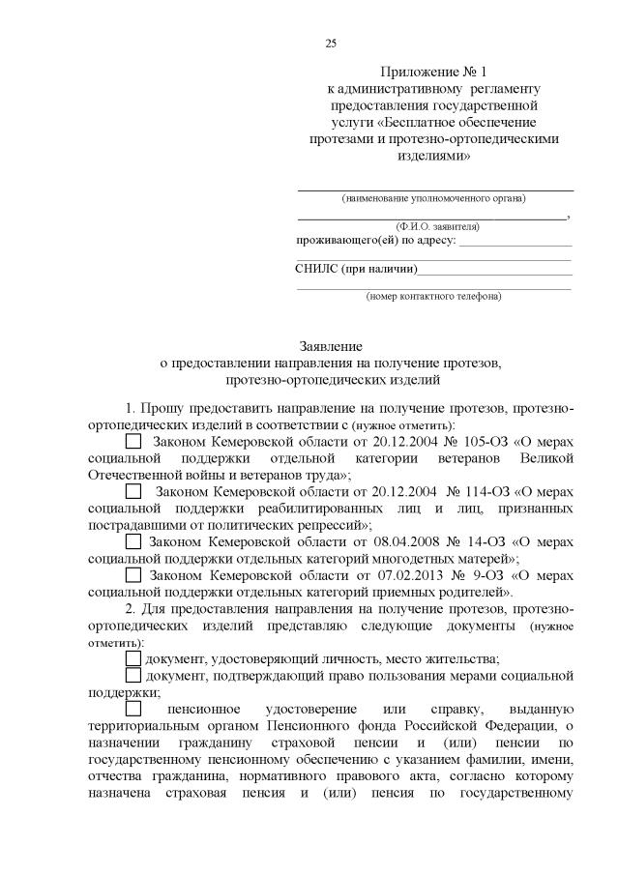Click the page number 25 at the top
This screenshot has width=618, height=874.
tap(331, 44)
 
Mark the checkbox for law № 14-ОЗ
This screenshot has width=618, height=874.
tap(134, 542)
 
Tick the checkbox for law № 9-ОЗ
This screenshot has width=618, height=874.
tap(134, 575)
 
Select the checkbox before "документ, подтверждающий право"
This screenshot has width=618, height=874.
tap(134, 675)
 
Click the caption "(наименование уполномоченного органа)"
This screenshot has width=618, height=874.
tap(434, 198)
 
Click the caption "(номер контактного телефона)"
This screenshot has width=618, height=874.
tap(433, 296)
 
